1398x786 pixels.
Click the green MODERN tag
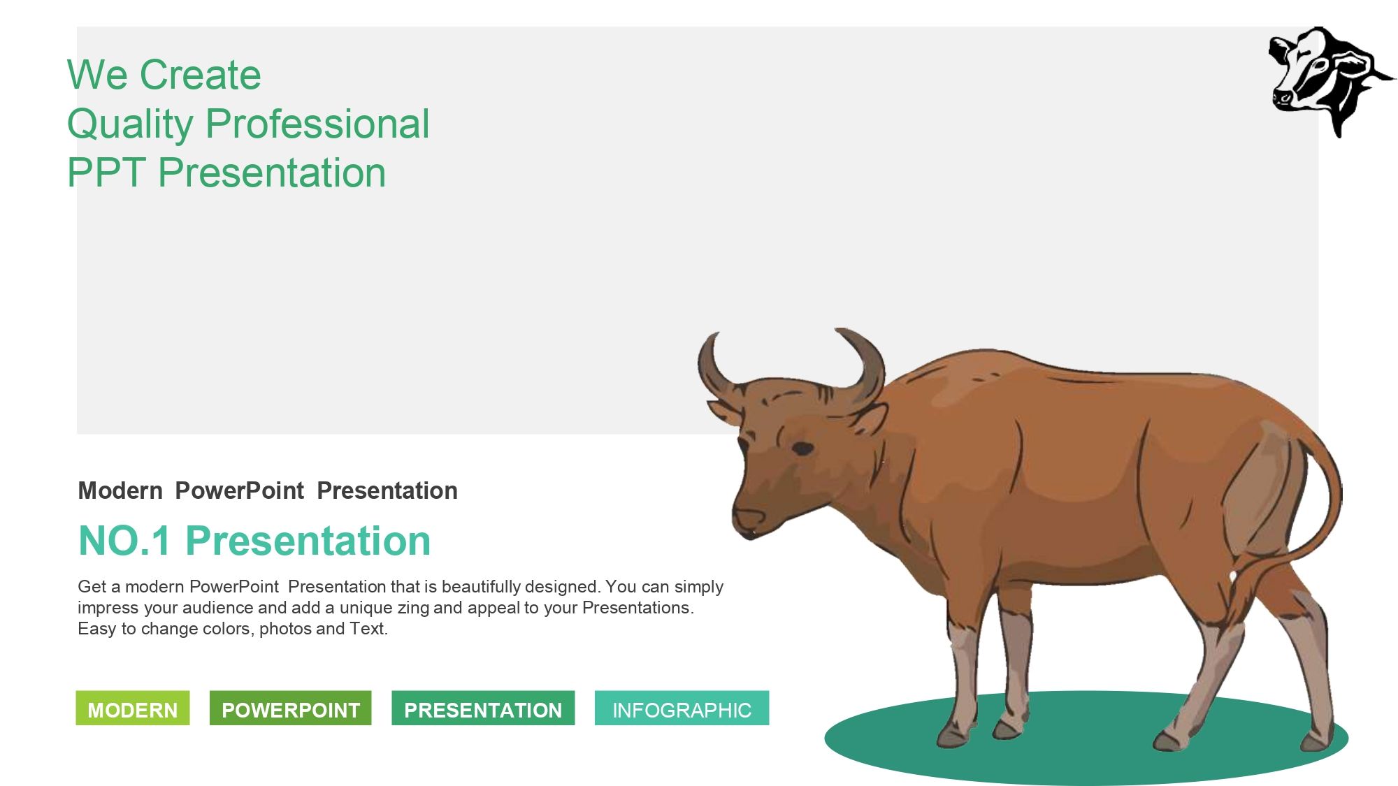point(133,708)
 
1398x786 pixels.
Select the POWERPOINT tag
point(290,708)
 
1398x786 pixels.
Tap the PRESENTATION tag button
point(483,708)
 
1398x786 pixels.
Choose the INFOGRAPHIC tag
point(682,708)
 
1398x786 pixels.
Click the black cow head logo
point(1328,80)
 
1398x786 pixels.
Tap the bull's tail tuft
point(1251,594)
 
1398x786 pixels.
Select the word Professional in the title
point(317,124)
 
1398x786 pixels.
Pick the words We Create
point(164,75)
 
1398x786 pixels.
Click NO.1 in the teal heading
point(124,541)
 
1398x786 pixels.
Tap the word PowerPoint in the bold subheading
point(239,490)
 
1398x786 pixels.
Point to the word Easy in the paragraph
point(96,629)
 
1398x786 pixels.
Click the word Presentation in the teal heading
point(308,541)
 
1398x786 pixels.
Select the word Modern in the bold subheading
point(120,490)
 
